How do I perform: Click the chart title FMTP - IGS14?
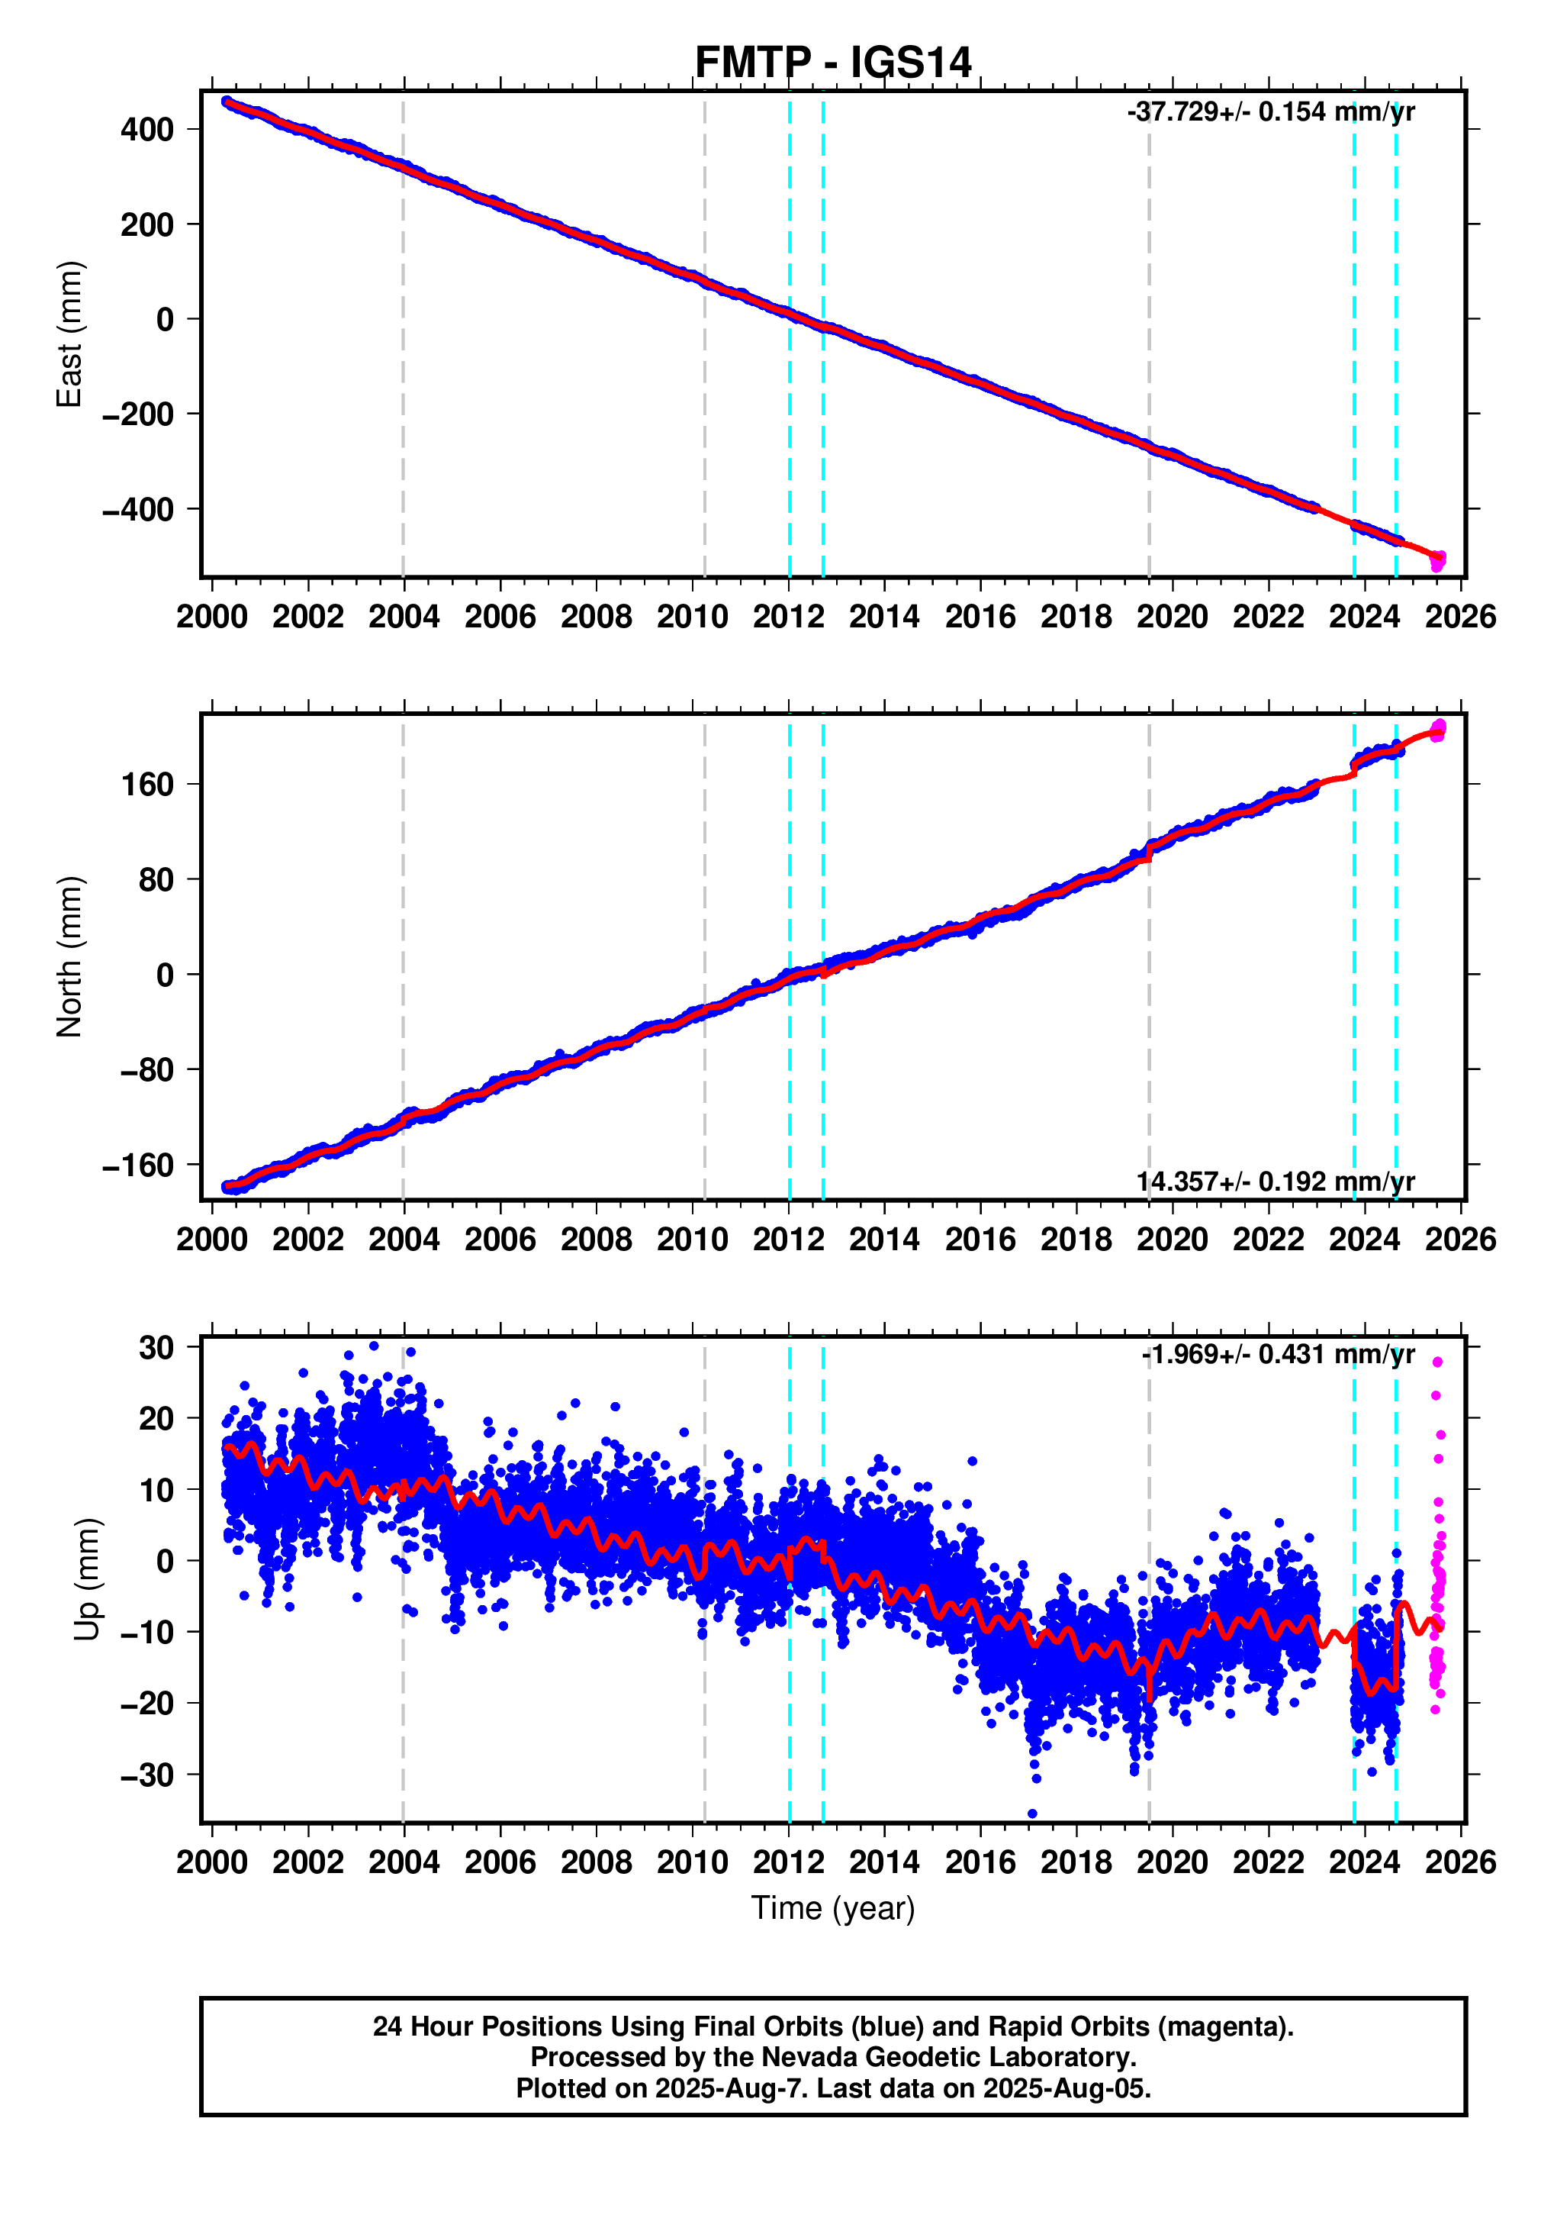click(x=832, y=63)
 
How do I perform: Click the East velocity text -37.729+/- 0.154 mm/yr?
click(x=1270, y=112)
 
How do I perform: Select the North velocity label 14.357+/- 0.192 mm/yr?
click(x=1275, y=1181)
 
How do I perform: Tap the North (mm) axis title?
click(x=69, y=957)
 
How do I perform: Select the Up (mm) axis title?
click(x=87, y=1579)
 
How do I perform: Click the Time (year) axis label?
click(x=832, y=1907)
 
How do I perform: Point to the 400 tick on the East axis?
click(x=146, y=129)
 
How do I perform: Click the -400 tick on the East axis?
click(x=138, y=509)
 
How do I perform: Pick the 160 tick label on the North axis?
click(x=146, y=785)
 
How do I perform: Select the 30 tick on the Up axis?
click(x=156, y=1348)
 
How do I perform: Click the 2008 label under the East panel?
click(x=596, y=617)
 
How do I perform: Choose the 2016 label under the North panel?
click(x=980, y=1239)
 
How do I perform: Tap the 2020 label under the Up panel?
click(x=1172, y=1862)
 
